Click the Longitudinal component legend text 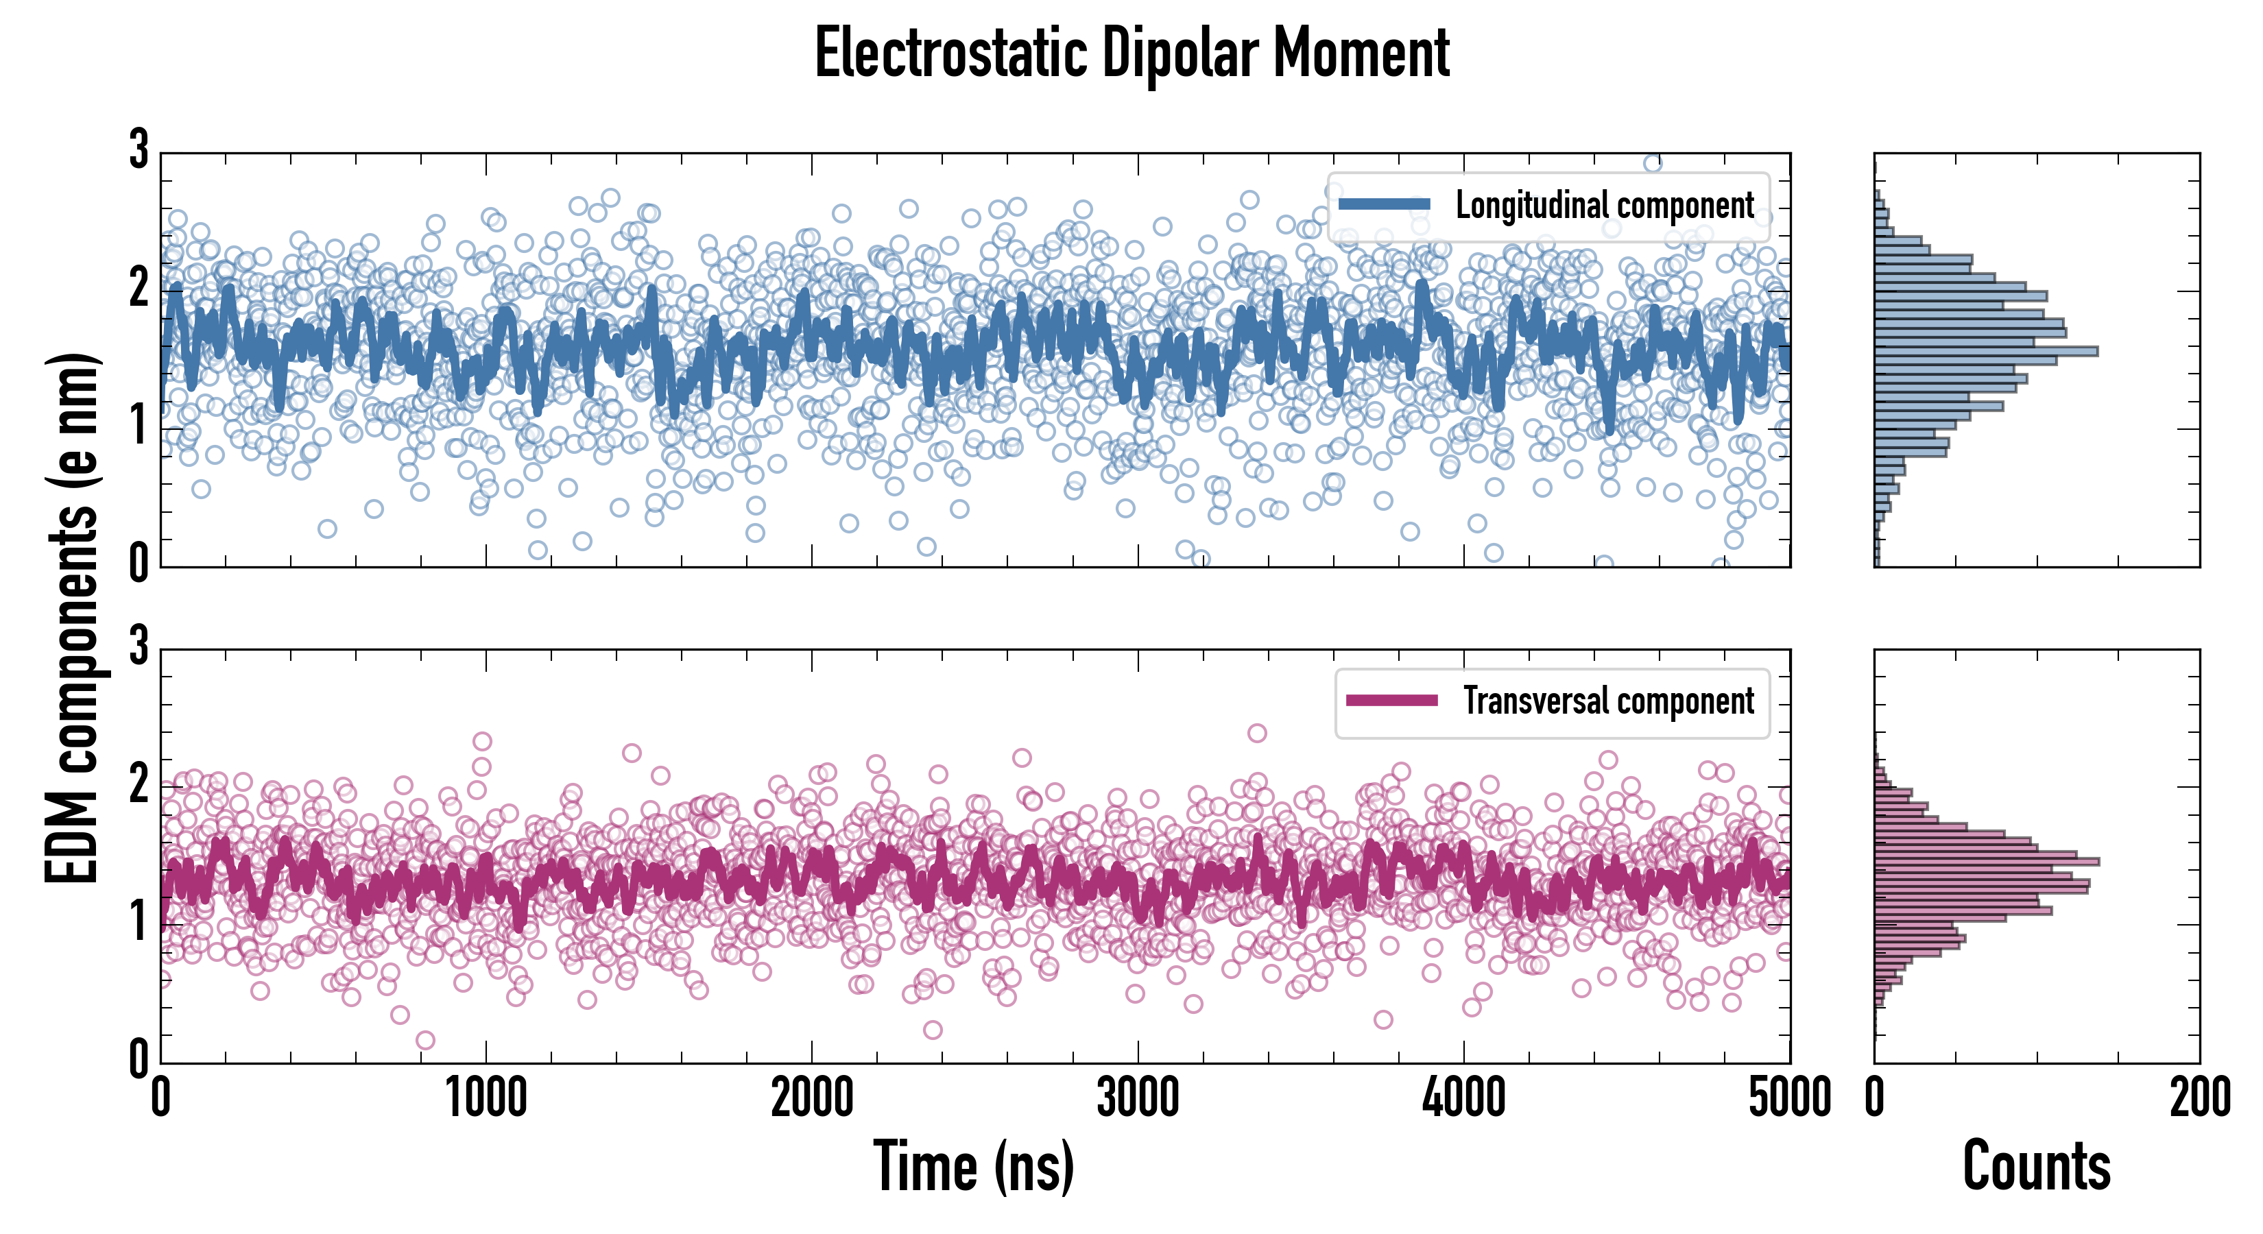pyautogui.click(x=1604, y=206)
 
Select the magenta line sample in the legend pyautogui.click(x=1391, y=701)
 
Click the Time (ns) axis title pyautogui.click(x=973, y=1165)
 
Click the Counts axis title pyautogui.click(x=2035, y=1165)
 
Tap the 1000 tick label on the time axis pyautogui.click(x=486, y=1098)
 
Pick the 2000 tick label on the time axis pyautogui.click(x=812, y=1098)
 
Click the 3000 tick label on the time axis pyautogui.click(x=1138, y=1098)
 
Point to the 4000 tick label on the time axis pyautogui.click(x=1463, y=1098)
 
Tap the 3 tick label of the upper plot pyautogui.click(x=139, y=149)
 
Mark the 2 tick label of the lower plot pyautogui.click(x=139, y=784)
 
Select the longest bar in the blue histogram pyautogui.click(x=1985, y=351)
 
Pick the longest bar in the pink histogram pyautogui.click(x=1986, y=862)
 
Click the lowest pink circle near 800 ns pyautogui.click(x=425, y=1041)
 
